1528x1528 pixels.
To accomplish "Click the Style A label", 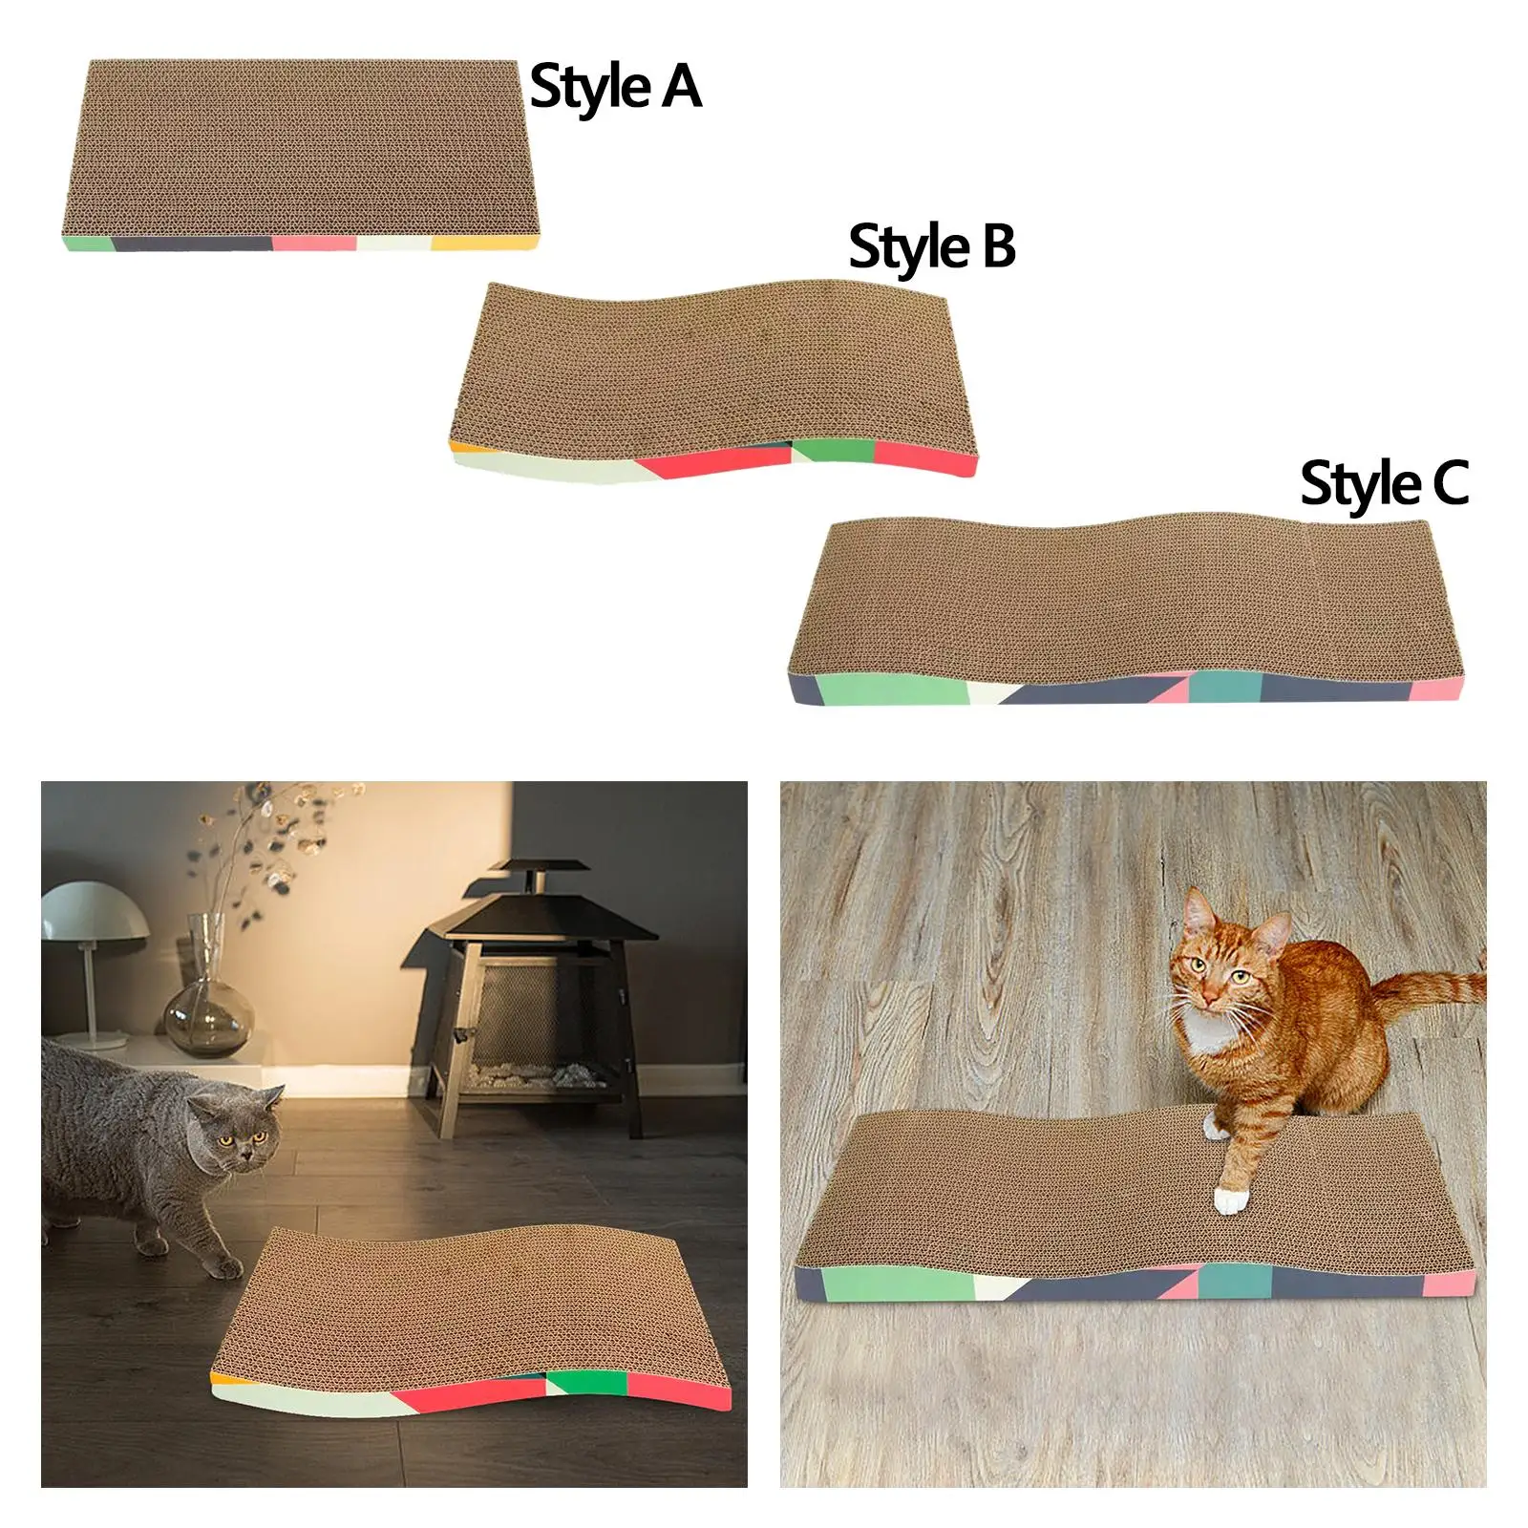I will [615, 88].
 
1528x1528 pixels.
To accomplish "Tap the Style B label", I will [931, 247].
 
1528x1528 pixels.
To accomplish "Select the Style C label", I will [1383, 484].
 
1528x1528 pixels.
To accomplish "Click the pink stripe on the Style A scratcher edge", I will [314, 243].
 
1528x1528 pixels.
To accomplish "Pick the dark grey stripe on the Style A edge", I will [191, 243].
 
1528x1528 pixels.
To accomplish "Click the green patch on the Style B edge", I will [833, 450].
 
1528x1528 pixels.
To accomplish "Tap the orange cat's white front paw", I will [1231, 1199].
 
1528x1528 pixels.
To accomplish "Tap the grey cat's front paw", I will [223, 1266].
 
